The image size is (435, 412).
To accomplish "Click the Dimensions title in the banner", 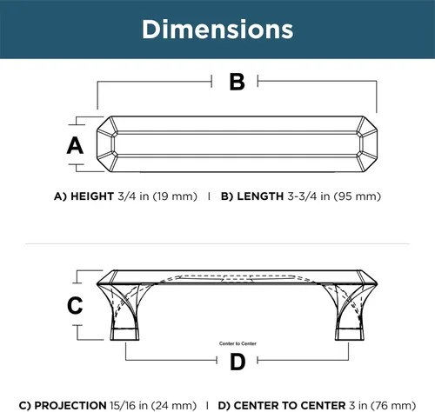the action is pos(217,29).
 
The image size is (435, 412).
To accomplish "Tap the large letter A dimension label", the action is pos(75,145).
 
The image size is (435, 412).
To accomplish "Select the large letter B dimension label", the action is pos(238,82).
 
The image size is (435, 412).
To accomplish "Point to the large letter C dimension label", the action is pos(75,305).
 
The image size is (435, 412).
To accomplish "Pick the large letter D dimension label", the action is pos(238,362).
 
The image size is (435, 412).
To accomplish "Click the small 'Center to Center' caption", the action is pos(238,343).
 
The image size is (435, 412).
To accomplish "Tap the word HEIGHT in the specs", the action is pos(92,196).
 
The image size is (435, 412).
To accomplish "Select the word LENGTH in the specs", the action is pos(260,196).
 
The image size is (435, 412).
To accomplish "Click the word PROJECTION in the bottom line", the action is pos(70,405).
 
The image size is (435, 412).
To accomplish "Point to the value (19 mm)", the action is pos(175,196).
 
